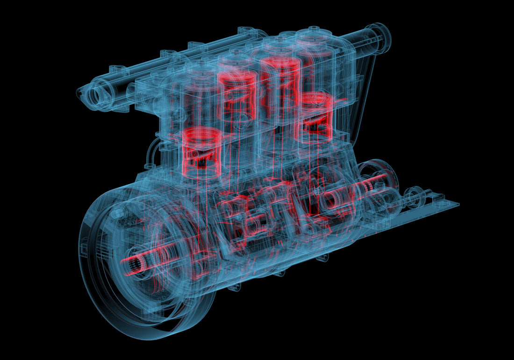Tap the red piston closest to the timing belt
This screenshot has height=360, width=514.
[x=315, y=117]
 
